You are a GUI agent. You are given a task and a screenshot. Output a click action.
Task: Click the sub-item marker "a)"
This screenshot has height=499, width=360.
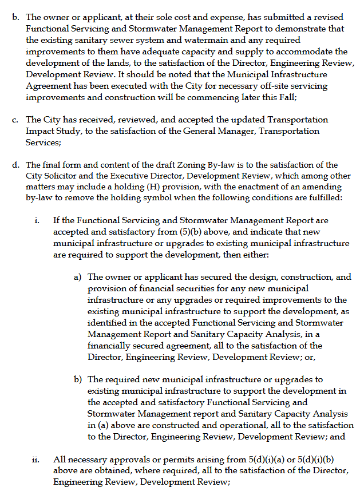77,277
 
